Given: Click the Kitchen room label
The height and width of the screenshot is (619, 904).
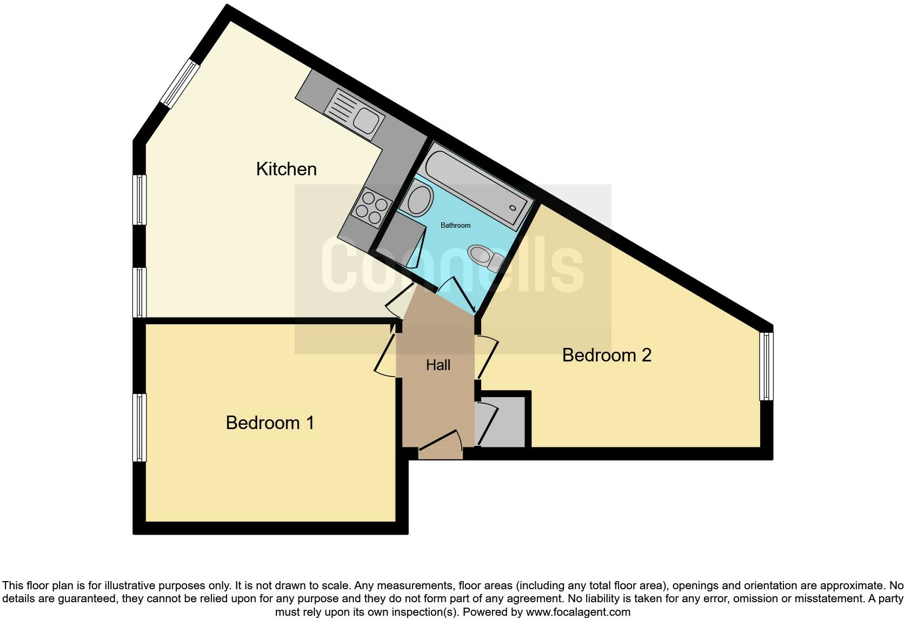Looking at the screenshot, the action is click(286, 169).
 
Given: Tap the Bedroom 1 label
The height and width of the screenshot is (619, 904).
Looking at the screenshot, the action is click(270, 423).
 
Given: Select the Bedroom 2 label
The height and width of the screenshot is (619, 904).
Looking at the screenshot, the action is click(607, 355).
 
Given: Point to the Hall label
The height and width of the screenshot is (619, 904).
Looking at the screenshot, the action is click(438, 365).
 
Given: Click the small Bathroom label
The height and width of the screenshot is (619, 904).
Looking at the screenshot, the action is click(455, 225).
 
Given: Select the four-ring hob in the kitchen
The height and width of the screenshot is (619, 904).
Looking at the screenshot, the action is click(371, 207).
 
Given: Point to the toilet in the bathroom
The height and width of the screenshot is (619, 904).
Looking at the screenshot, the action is click(486, 257).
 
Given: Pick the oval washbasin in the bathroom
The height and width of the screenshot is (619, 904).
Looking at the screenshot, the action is click(420, 200).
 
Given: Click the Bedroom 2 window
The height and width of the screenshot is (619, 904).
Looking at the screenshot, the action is click(766, 366).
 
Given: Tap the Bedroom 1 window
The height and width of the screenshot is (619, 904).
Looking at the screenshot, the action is click(139, 427).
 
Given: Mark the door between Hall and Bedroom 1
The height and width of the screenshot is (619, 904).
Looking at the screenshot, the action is click(386, 352).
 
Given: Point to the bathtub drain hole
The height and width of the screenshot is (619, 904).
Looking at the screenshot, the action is click(513, 208).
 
